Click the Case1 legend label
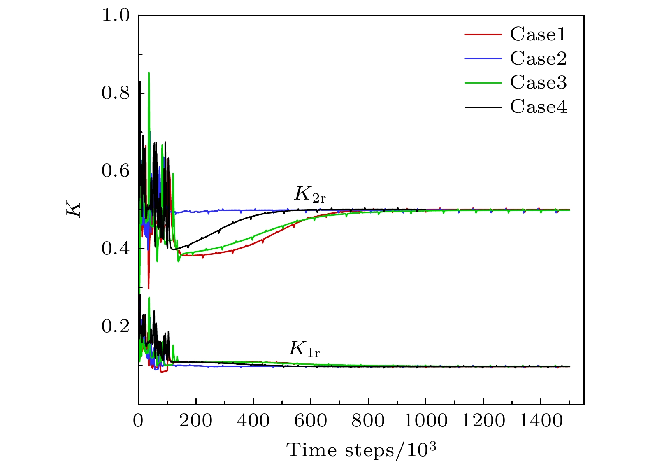coord(538,34)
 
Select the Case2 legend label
coord(538,58)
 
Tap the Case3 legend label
coord(538,82)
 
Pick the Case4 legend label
coord(538,107)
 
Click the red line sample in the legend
coord(483,34)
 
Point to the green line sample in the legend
coord(483,83)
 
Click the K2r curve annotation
coord(309,194)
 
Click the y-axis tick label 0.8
coord(116,93)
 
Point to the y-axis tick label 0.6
coord(116,171)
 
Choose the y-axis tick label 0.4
coord(116,249)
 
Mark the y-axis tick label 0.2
coord(116,326)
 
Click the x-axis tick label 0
coord(138,421)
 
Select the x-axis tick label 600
coord(311,421)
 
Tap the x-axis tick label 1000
coord(425,421)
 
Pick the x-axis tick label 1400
coord(540,421)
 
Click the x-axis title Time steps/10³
coord(361,450)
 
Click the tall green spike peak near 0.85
coord(149,73)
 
